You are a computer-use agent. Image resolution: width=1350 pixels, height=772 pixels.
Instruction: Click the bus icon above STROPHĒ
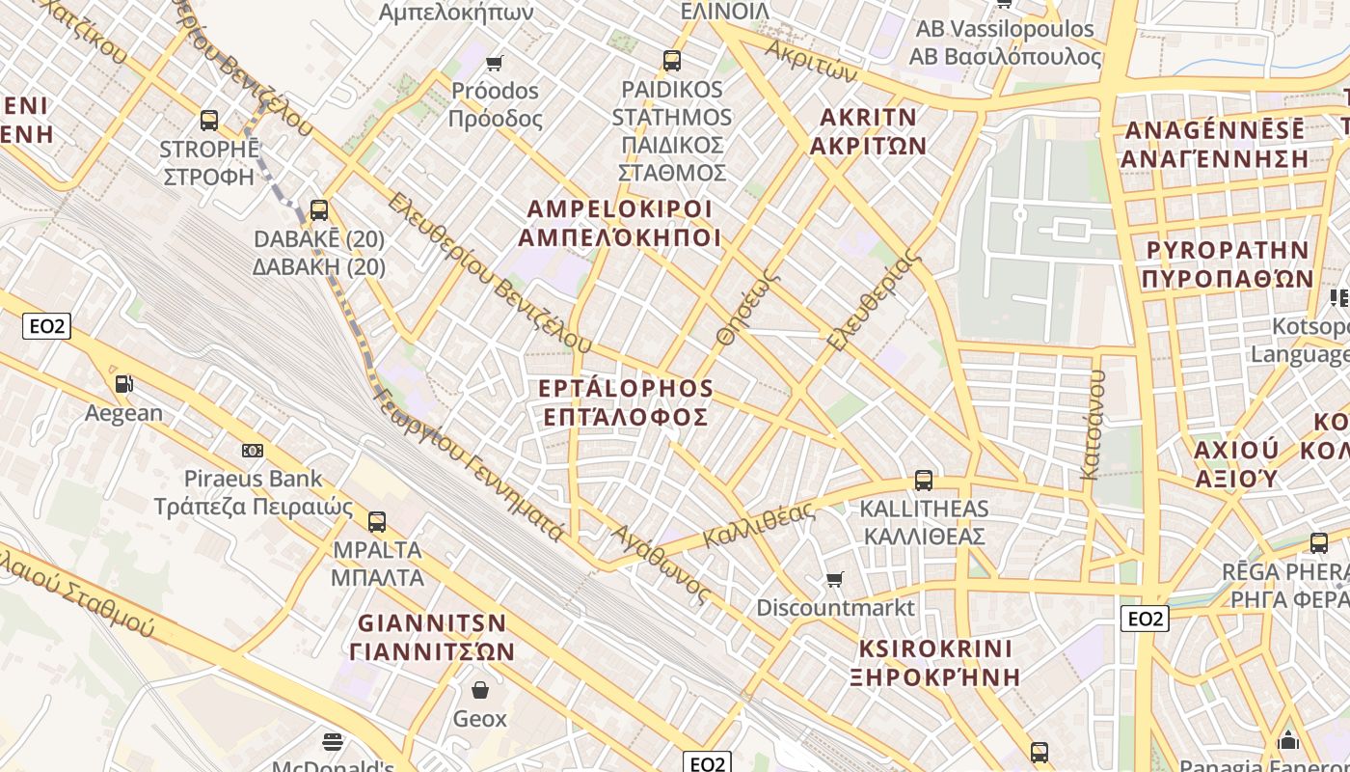point(209,121)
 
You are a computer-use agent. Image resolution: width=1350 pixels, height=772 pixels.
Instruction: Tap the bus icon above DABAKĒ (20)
point(319,209)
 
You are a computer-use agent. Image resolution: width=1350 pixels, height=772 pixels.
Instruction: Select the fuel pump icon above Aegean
point(123,384)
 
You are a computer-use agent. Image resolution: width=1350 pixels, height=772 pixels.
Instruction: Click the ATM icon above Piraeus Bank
point(253,450)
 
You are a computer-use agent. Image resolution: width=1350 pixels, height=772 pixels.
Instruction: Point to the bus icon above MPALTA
point(377,522)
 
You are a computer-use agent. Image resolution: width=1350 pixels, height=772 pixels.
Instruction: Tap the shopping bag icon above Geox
point(479,690)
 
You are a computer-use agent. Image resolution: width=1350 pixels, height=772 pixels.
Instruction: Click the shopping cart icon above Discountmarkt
point(835,579)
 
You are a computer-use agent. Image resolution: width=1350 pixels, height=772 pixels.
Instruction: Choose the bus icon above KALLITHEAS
point(924,480)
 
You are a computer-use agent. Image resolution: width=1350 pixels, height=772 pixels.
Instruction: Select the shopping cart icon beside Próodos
point(495,64)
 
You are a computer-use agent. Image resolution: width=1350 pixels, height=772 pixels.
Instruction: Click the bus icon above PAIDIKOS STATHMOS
point(672,61)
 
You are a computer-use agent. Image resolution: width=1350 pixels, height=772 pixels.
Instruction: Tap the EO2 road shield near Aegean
point(47,326)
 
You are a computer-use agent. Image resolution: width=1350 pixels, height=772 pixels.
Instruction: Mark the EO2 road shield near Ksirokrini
point(1145,619)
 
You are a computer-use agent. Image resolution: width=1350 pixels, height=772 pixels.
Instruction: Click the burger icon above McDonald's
point(333,741)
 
